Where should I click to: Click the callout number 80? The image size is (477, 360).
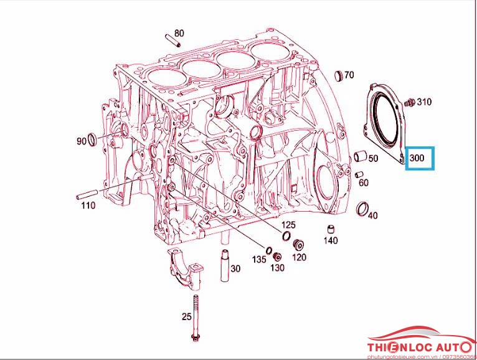point(179,33)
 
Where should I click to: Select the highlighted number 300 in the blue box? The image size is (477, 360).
point(417,159)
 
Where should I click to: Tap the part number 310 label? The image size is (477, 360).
point(423,102)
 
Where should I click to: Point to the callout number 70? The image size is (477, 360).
point(349,75)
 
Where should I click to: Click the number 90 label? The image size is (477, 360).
point(81,141)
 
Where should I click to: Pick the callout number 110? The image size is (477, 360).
point(87,205)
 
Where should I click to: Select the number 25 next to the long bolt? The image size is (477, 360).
point(186,317)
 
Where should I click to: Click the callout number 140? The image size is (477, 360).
point(330,240)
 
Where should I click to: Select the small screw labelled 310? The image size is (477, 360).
point(409,102)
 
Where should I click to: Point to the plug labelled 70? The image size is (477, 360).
point(339,76)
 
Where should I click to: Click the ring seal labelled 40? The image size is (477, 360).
point(361,208)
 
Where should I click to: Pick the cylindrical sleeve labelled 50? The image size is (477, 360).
point(359,156)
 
